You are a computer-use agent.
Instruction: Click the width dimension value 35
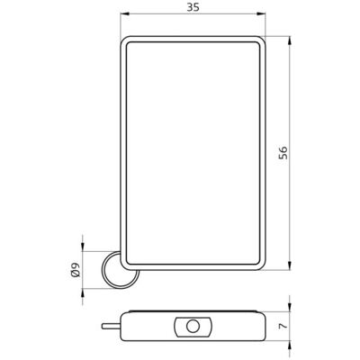coord(193,7)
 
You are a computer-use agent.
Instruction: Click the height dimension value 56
coord(283,153)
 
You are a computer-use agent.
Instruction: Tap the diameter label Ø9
coord(76,269)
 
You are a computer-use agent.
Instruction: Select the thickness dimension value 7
coord(283,326)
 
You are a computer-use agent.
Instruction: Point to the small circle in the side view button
coord(193,326)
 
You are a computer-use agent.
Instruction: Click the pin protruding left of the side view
coord(111,326)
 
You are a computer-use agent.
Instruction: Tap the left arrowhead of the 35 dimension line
coord(124,13)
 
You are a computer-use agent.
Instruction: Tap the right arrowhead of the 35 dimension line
coord(262,13)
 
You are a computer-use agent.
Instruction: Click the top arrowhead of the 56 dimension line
coord(290,40)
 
